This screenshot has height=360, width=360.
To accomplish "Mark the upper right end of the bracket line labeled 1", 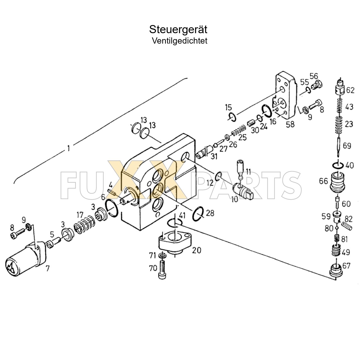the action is [187, 78].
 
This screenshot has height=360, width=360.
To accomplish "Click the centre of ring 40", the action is [338, 165].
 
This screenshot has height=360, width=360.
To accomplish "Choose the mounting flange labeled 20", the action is [175, 242].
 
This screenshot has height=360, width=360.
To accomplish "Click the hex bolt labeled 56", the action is [317, 86].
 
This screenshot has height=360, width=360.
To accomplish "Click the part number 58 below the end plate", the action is [290, 124].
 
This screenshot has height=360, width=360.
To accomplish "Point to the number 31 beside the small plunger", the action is [214, 156].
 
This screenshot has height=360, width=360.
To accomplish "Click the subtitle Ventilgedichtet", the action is [179, 41].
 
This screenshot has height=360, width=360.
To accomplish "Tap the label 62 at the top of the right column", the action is [350, 90].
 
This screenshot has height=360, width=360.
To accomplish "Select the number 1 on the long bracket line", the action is [69, 148].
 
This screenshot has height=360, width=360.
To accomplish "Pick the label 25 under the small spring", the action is [242, 137].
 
